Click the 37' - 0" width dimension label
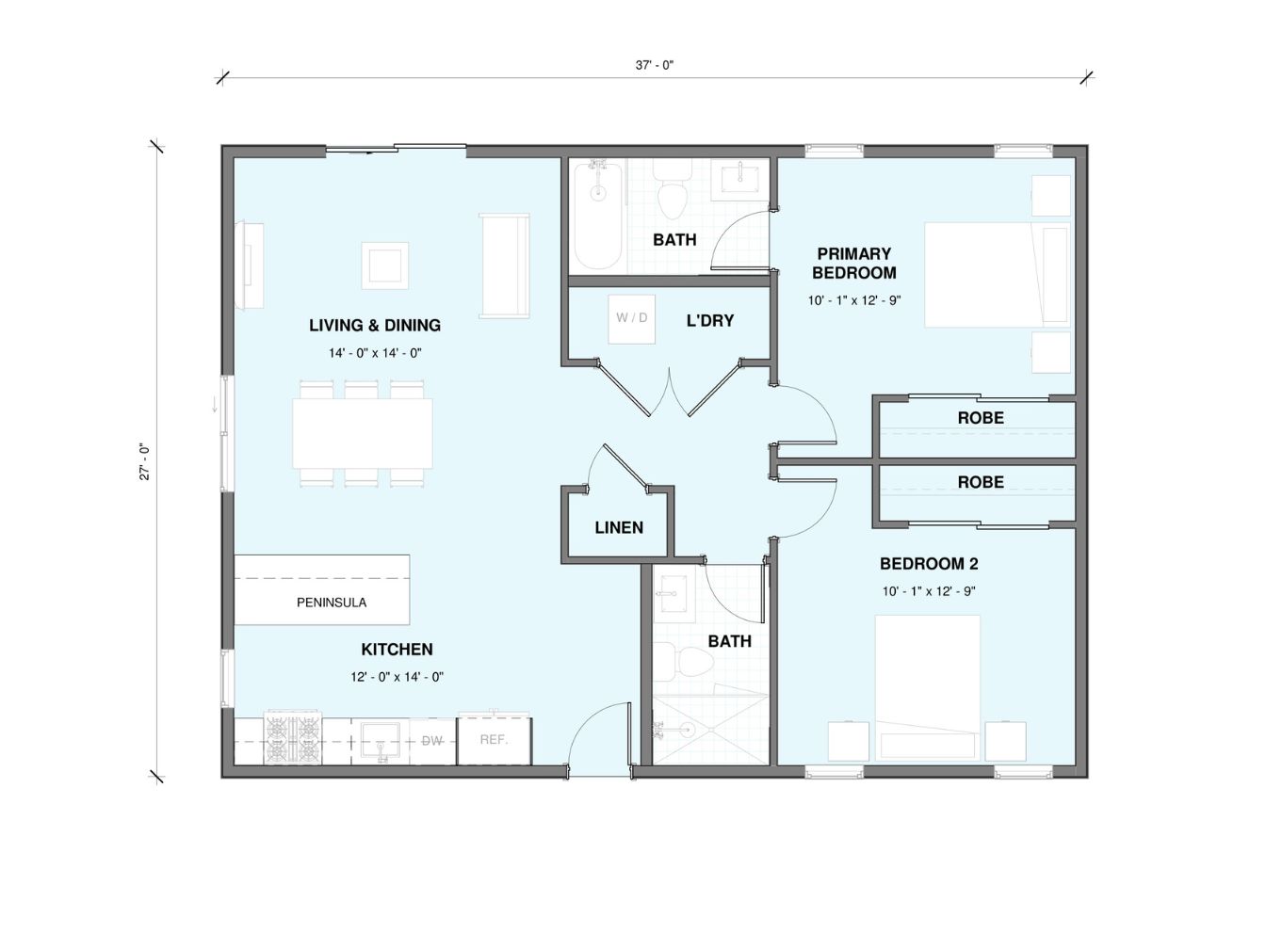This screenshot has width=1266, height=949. [654, 65]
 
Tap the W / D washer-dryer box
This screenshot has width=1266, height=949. [631, 318]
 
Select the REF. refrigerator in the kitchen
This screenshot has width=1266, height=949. [495, 740]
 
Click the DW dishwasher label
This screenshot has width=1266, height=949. [431, 741]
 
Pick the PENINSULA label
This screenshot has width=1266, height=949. [332, 603]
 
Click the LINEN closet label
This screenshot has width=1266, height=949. [619, 527]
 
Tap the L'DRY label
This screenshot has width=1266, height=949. [710, 320]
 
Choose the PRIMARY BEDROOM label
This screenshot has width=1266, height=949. [854, 263]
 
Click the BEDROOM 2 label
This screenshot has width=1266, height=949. [929, 564]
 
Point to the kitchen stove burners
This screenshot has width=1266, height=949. [292, 740]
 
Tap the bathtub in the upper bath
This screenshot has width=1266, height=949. [598, 217]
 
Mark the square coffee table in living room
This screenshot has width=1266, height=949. [385, 265]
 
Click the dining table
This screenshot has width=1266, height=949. [363, 433]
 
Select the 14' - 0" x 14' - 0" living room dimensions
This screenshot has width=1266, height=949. [375, 353]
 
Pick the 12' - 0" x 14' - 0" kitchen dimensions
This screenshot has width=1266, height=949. [397, 677]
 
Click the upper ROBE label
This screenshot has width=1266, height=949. [981, 418]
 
